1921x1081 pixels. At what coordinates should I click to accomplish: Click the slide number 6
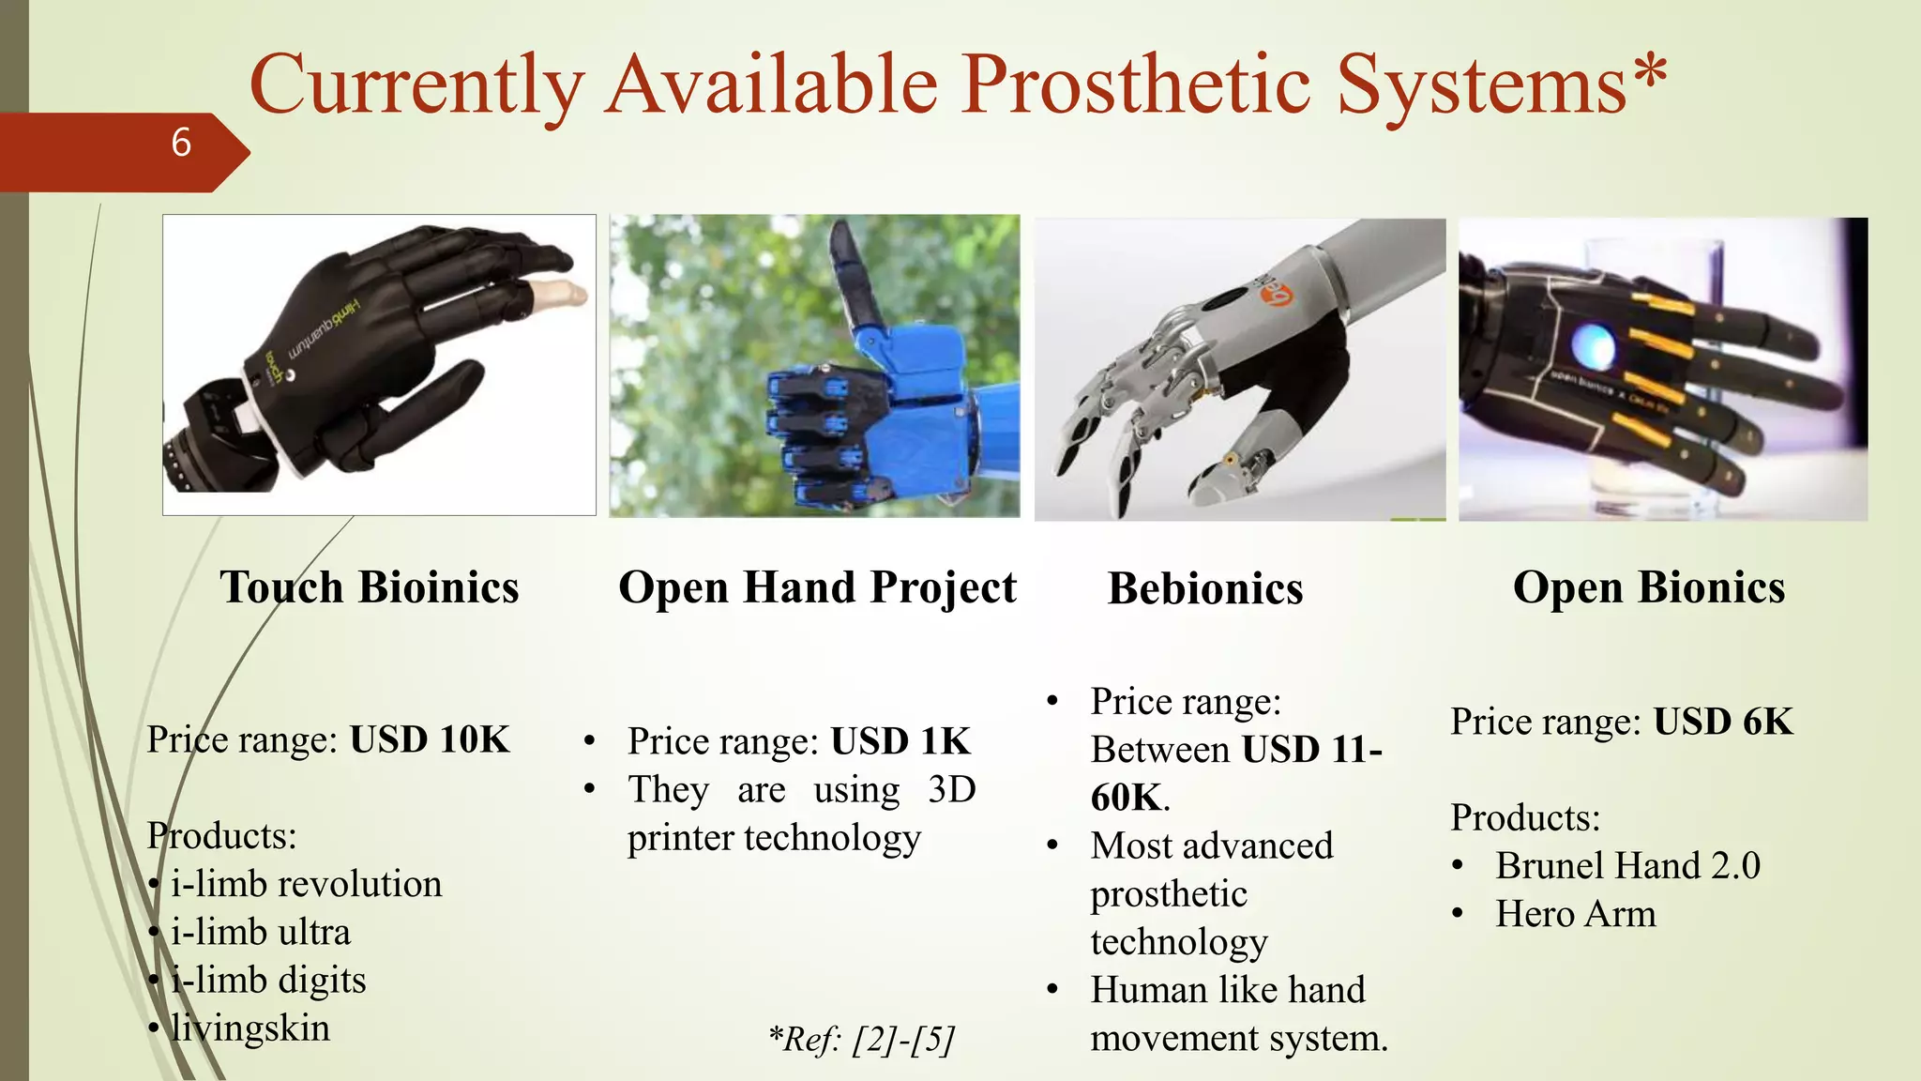[x=181, y=144]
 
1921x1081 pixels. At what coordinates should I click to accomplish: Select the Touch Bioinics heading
[x=369, y=587]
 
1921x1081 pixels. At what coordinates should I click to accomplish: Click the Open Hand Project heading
[x=817, y=587]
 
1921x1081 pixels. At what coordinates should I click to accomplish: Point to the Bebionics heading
[x=1205, y=589]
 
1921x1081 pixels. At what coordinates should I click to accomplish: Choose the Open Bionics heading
[x=1648, y=587]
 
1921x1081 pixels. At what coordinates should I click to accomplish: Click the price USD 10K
[x=430, y=740]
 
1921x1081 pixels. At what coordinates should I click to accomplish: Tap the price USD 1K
[x=900, y=741]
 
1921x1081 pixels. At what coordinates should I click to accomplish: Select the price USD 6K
[x=1722, y=722]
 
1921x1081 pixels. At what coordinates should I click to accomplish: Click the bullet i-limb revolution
[x=306, y=884]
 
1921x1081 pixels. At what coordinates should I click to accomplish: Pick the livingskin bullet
[x=250, y=1028]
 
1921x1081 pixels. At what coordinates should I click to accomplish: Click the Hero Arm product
[x=1575, y=914]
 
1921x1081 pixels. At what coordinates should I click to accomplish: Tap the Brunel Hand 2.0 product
[x=1627, y=865]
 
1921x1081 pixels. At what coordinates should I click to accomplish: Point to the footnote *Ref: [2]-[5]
[x=861, y=1040]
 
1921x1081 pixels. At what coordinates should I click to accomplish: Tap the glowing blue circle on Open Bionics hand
[x=1592, y=347]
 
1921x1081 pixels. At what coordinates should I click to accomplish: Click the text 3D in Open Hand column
[x=951, y=789]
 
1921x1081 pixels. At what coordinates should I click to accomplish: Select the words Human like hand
[x=1227, y=990]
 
